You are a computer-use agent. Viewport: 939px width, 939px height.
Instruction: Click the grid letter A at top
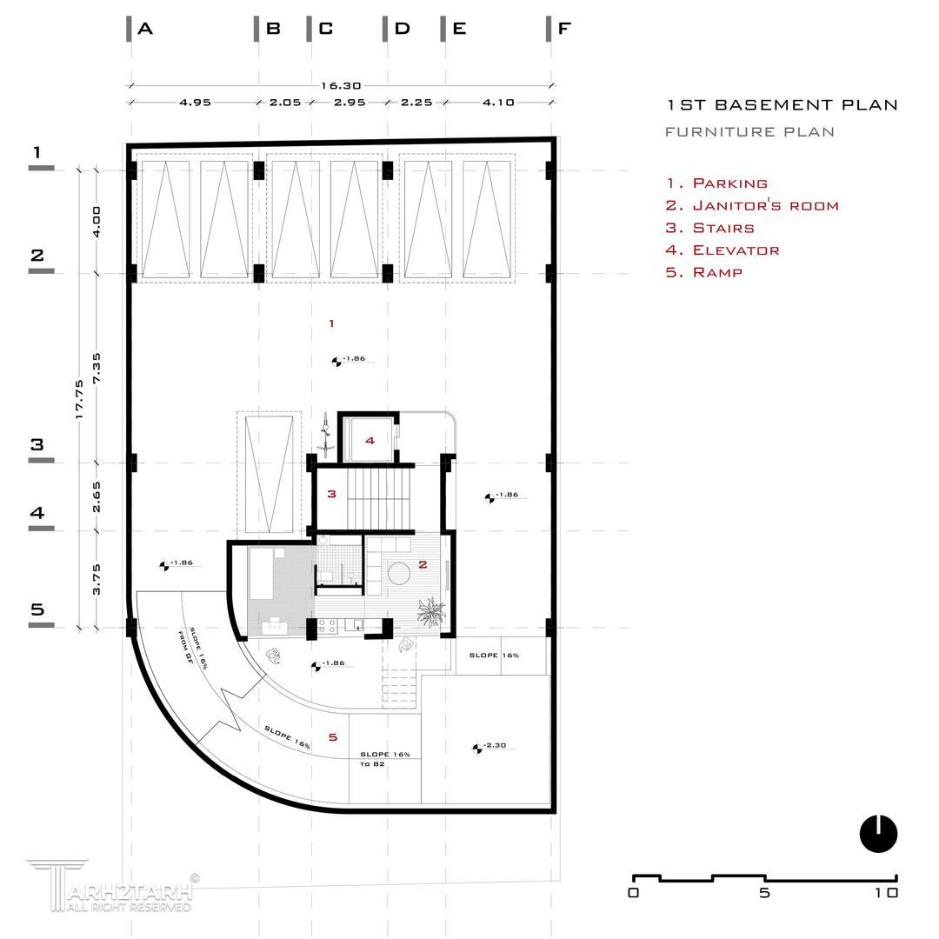pyautogui.click(x=145, y=29)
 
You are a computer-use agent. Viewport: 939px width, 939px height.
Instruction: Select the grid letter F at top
pyautogui.click(x=564, y=29)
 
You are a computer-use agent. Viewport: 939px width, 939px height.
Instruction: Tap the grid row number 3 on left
pyautogui.click(x=37, y=444)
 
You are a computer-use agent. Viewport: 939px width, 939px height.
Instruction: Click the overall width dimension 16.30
pyautogui.click(x=341, y=86)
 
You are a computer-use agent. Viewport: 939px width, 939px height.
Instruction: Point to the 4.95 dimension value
pyautogui.click(x=196, y=103)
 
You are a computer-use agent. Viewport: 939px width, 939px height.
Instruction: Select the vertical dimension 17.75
pyautogui.click(x=79, y=399)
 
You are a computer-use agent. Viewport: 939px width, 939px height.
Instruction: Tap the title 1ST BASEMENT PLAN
pyautogui.click(x=782, y=105)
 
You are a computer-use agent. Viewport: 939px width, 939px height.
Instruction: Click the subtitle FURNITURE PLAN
pyautogui.click(x=749, y=132)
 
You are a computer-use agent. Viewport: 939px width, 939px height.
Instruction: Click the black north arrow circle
pyautogui.click(x=878, y=834)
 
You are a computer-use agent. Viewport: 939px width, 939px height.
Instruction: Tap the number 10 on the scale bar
pyautogui.click(x=887, y=893)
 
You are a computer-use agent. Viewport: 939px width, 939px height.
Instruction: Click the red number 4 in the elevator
pyautogui.click(x=370, y=441)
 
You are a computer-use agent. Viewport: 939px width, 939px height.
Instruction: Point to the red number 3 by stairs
pyautogui.click(x=331, y=495)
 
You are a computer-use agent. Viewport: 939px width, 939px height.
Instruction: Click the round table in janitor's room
pyautogui.click(x=400, y=575)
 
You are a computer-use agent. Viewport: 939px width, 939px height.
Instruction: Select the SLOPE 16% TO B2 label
pyautogui.click(x=383, y=759)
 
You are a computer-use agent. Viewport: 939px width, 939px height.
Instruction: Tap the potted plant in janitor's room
pyautogui.click(x=431, y=611)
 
